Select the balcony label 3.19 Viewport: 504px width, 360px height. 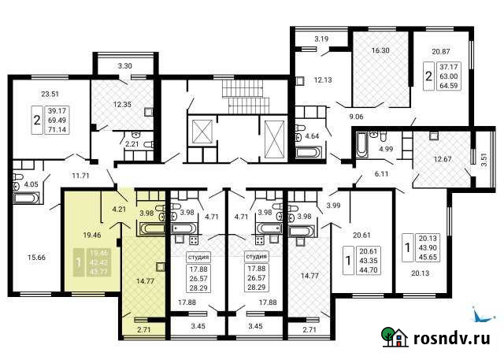[x=321, y=39]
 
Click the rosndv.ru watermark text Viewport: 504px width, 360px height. [x=452, y=339]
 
